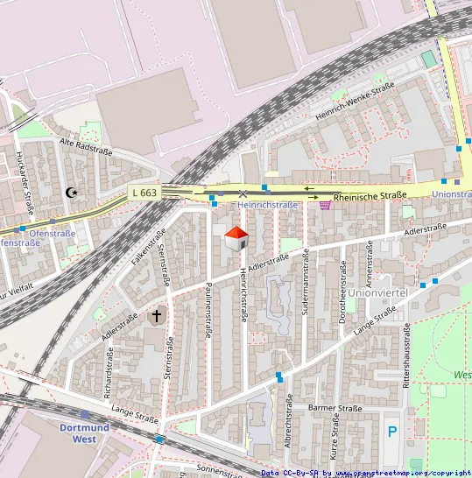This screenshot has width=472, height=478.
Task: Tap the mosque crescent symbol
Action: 72,192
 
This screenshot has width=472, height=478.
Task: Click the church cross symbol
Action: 158,315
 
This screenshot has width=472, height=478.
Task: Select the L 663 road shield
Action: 144,193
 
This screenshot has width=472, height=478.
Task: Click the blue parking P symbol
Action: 392,431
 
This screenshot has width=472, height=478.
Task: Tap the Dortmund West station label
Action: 85,433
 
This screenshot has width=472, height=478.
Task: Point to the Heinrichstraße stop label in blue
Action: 268,205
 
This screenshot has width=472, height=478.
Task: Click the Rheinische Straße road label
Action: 370,196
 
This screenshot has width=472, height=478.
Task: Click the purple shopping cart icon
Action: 325,205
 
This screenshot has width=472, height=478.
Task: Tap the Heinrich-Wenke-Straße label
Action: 356,103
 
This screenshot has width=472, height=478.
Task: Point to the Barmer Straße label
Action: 335,408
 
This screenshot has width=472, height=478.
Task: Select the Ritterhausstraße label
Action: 406,355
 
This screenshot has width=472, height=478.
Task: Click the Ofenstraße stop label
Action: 52,234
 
